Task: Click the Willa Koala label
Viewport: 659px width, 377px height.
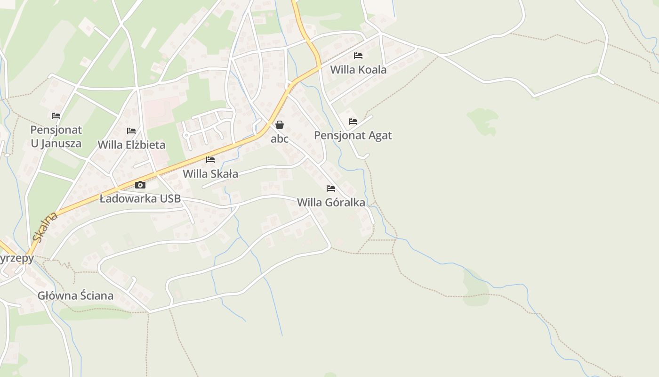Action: [x=358, y=70]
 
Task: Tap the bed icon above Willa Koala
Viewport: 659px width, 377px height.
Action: [x=358, y=56]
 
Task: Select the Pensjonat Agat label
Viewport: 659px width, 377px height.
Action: [x=353, y=136]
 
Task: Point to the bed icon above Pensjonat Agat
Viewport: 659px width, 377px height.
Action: [x=353, y=122]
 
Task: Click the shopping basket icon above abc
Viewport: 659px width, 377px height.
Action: [x=280, y=125]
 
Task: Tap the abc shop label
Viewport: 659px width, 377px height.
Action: [x=280, y=139]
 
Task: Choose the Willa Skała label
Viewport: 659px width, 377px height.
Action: [x=210, y=174]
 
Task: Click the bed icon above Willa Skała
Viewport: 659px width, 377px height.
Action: [x=210, y=160]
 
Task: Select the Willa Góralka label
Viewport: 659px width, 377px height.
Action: [x=331, y=203]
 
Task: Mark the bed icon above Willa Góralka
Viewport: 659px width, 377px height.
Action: [x=331, y=188]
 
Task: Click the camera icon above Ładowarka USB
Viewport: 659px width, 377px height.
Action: [x=140, y=185]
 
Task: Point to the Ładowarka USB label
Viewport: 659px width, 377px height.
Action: [x=140, y=199]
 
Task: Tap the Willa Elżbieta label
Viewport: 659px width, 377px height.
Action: [x=131, y=145]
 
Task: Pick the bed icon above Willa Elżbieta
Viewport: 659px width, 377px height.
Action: [x=131, y=131]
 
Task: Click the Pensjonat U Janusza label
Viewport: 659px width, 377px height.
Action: [x=56, y=137]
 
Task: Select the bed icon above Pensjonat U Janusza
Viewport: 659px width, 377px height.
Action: [x=56, y=116]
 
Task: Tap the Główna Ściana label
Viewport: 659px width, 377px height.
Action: [x=76, y=296]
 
